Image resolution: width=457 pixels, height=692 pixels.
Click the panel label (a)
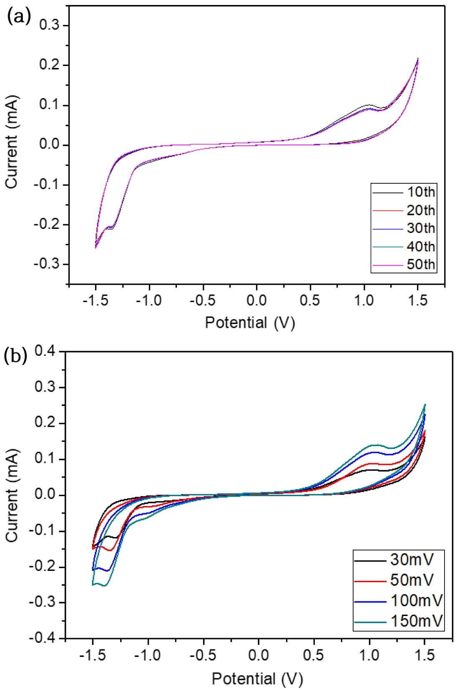(19, 16)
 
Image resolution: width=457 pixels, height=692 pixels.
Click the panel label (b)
(15, 356)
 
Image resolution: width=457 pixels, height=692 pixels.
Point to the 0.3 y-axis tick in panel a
(49, 25)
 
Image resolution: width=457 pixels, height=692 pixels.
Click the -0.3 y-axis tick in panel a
(47, 264)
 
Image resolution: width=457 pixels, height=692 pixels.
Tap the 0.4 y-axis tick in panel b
(45, 351)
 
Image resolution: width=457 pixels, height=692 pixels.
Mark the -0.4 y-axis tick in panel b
(42, 638)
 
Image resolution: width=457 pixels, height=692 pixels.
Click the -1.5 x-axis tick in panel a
(95, 300)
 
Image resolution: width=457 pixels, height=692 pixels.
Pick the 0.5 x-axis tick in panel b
(313, 654)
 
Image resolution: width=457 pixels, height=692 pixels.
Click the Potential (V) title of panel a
(250, 323)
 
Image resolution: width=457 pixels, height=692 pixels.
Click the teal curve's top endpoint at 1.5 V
(425, 404)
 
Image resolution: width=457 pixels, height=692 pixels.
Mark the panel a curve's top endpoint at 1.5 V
(418, 58)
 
